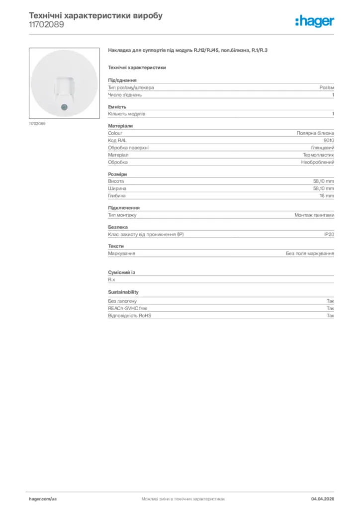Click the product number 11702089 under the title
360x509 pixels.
tap(46, 24)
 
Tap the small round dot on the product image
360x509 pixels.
tap(63, 107)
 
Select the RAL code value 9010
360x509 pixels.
tap(329, 141)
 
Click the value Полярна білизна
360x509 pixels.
tap(315, 133)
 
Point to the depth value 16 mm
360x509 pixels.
tap(327, 196)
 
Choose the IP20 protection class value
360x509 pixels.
tap(329, 234)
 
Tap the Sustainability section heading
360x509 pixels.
tap(123, 292)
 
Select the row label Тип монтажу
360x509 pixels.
tap(122, 215)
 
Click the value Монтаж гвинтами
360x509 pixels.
tap(314, 215)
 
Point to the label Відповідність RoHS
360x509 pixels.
tap(129, 316)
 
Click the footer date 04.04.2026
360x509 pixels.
tap(323, 499)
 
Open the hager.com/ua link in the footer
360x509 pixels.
tap(43, 499)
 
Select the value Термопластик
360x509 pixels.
tap(318, 155)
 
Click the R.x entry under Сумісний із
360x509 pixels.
tap(111, 280)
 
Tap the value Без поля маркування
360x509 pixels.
tap(310, 254)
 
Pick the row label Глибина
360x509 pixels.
tap(117, 196)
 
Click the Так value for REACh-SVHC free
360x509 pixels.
tap(330, 308)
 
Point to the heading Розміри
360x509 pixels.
tap(117, 174)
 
